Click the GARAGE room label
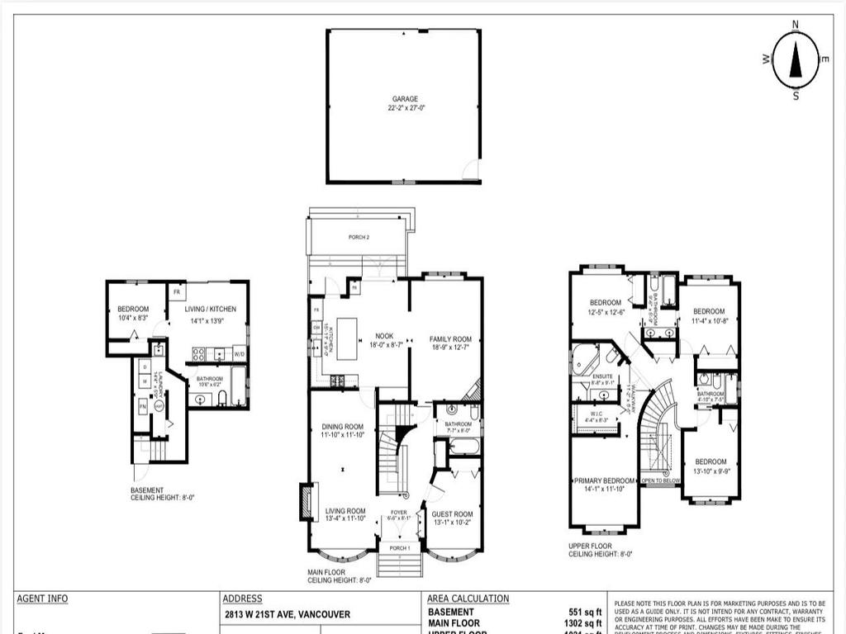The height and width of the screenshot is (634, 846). tap(404, 99)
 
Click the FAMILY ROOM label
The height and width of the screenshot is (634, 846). tap(450, 339)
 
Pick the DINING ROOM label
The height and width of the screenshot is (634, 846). tap(343, 427)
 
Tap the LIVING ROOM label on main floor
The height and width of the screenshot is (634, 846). tap(345, 511)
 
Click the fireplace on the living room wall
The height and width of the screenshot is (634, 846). tap(307, 502)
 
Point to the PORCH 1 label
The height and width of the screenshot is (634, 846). tap(399, 548)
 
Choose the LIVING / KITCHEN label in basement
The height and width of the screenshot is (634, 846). tap(210, 309)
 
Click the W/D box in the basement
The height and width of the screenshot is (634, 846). tap(240, 354)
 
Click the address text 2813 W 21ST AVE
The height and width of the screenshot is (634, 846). tap(287, 614)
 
